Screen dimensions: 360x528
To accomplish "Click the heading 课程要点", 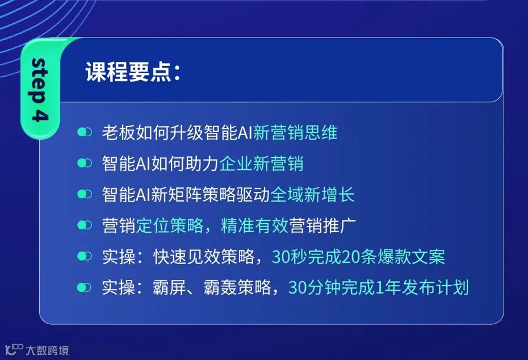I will tap(128, 73).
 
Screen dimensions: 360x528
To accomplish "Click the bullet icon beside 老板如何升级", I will tap(85, 133).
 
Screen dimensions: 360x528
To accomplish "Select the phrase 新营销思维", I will tap(295, 133).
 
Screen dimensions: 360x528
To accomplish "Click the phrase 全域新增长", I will tap(312, 195).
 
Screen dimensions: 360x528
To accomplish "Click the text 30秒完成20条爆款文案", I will tap(359, 257).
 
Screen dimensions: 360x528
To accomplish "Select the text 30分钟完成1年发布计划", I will tap(379, 287).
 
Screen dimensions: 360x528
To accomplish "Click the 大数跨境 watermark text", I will tap(47, 350).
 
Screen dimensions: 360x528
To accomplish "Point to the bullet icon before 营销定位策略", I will tap(85, 225).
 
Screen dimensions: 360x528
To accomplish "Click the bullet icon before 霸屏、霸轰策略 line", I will tap(85, 287).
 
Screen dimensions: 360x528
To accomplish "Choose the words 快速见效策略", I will tap(203, 257).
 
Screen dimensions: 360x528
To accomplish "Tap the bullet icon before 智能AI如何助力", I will tap(85, 164).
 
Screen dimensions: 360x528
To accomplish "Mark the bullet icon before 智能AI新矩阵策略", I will tap(85, 195).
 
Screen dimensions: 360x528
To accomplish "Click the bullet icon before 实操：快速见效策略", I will tap(85, 257).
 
